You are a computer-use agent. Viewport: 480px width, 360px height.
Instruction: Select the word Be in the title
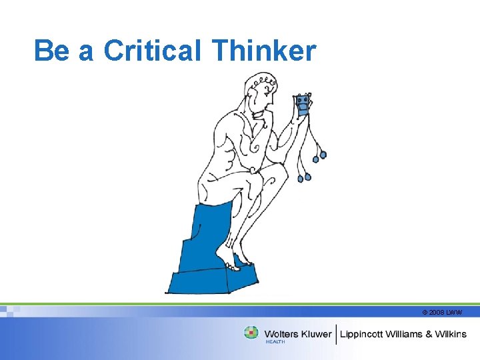coord(51,51)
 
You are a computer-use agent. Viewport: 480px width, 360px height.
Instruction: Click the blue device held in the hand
coord(303,104)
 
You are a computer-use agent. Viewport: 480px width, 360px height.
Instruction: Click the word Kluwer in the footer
coord(316,333)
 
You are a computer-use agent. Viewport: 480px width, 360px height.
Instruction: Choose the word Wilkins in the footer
coord(451,333)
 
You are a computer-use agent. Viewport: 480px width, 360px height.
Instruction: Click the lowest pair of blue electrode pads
coord(304,177)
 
